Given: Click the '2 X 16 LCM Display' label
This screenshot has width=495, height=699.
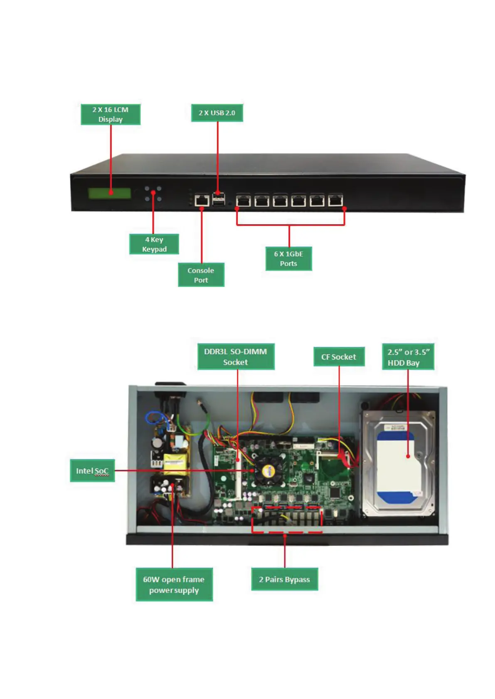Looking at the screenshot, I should pos(110,114).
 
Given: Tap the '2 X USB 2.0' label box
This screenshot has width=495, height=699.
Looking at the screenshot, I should pos(217,112).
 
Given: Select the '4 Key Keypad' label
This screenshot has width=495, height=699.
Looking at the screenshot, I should pos(154,244).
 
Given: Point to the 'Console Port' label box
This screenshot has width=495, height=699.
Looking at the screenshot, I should pos(201,275).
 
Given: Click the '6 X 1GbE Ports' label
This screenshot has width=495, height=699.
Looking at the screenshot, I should pos(288,258).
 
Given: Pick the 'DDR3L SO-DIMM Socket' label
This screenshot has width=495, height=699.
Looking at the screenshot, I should pos(236,357).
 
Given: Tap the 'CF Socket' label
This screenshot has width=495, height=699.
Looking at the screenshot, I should pos(339,357).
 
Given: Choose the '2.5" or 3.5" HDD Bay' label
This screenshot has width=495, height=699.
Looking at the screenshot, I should pos(408,357).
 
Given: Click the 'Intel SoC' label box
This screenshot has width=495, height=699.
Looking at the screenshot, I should pos(92,471).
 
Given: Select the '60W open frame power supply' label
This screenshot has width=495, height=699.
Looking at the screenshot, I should pos(174,584).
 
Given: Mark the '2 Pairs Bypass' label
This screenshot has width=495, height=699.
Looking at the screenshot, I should pos(284,579).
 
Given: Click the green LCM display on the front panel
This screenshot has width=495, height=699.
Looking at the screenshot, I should pos(109,193).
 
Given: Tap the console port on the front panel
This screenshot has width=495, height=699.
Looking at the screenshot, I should pos(202,200).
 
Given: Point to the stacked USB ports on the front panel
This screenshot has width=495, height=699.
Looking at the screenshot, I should pos(219,199).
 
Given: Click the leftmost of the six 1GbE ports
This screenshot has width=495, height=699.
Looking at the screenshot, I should pos(243,200).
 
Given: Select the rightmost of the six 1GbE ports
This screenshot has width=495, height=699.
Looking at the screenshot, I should pos(335,200).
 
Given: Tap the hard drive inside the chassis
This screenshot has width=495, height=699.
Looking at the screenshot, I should pos(398,463).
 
